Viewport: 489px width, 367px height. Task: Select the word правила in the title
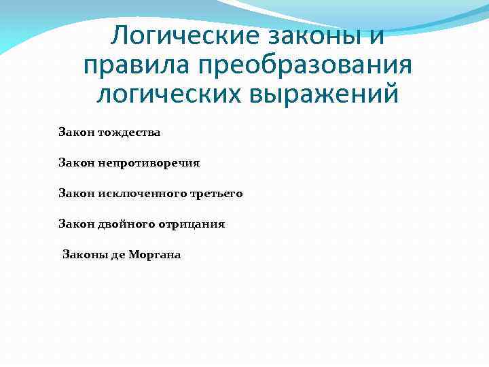136,66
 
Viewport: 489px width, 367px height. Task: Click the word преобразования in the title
304,66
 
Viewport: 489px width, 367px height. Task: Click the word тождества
129,133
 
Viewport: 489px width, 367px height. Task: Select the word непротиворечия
149,163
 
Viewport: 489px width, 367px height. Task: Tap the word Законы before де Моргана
81,255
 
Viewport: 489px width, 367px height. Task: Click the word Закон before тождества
76,133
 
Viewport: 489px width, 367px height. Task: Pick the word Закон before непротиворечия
76,163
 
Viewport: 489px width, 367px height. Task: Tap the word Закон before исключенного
76,194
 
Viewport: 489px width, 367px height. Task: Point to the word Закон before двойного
76,224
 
